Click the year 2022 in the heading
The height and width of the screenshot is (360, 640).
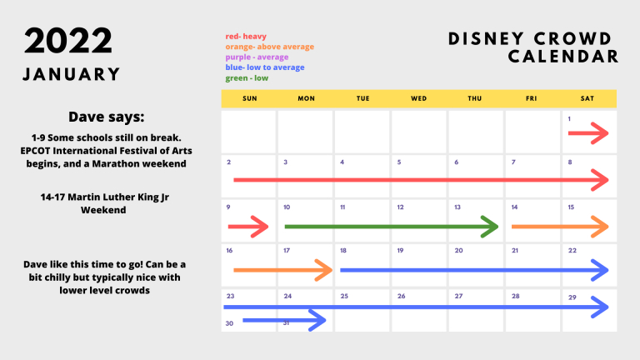[x=67, y=41]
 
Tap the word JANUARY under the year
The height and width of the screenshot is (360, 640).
[x=72, y=74]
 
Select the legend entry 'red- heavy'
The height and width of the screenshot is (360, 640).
[x=246, y=37]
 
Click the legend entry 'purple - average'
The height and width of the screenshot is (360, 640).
[x=257, y=57]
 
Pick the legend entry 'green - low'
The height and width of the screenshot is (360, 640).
[x=247, y=78]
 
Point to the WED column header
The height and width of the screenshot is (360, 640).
[x=419, y=98]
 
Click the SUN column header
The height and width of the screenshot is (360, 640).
[x=250, y=98]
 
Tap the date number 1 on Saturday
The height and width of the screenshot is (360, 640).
[x=569, y=119]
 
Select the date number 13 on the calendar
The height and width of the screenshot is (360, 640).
[x=457, y=207]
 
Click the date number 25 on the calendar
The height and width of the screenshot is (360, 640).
[x=344, y=296]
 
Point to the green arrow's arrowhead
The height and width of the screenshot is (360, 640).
[x=490, y=227]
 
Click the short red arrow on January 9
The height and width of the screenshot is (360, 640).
[x=248, y=227]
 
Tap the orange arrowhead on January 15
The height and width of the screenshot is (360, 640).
[x=600, y=227]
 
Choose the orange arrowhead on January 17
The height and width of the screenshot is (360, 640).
[x=324, y=270]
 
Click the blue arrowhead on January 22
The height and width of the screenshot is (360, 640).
[x=600, y=270]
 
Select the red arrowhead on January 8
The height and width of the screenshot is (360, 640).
[x=600, y=180]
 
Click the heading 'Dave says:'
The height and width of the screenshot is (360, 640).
[x=106, y=117]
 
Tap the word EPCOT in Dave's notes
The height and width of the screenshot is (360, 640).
[x=36, y=151]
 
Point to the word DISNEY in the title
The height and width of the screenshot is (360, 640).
[x=486, y=39]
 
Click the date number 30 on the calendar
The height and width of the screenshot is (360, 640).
[x=229, y=323]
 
